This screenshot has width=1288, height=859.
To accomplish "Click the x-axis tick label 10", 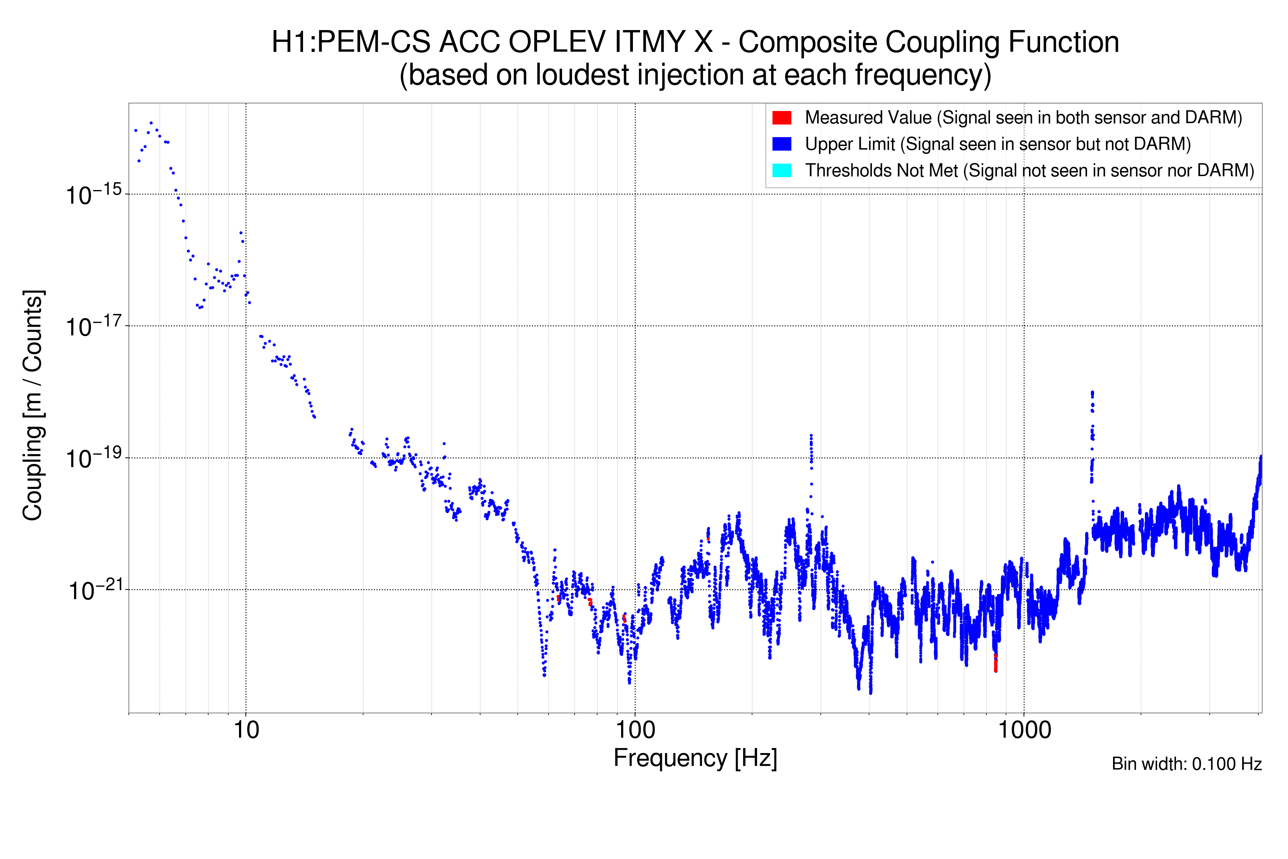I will (x=246, y=730).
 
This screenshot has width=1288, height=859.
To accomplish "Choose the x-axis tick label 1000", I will (x=1024, y=730).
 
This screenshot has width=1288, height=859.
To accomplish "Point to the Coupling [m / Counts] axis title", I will (x=33, y=406).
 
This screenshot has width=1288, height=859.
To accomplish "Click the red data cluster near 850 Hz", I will (x=995, y=663).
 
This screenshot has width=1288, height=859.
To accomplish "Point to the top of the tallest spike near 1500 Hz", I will (x=1092, y=392).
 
